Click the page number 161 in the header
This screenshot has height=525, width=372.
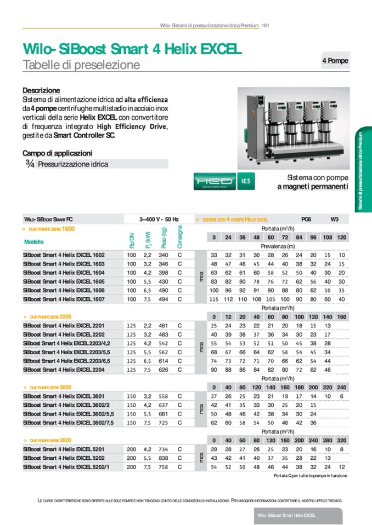point(264,25)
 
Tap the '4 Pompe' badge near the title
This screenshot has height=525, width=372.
point(335,61)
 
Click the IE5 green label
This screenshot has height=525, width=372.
point(246,182)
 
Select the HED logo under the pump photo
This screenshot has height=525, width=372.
point(215,182)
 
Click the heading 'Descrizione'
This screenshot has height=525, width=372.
point(41,90)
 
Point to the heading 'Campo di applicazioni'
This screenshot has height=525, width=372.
point(57,153)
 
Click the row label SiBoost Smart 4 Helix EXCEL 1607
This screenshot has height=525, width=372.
point(64,299)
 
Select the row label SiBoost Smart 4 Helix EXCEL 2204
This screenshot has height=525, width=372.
point(64,370)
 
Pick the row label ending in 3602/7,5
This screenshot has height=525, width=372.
point(67,423)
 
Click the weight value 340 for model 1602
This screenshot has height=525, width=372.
point(164,255)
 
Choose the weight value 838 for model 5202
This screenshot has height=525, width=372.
point(164,458)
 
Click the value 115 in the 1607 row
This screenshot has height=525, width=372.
point(214,299)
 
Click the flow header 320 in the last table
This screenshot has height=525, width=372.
point(341,440)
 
